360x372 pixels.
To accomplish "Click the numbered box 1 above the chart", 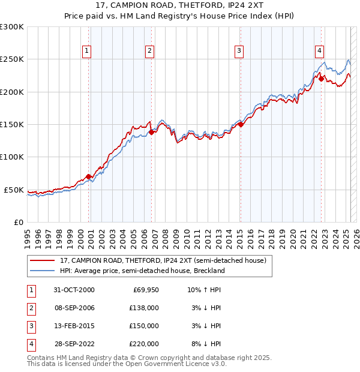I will (x=88, y=51).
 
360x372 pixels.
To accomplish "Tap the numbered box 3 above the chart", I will (x=239, y=51).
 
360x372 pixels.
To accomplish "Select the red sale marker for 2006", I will (x=151, y=132).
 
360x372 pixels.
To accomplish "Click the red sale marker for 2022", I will (x=321, y=79).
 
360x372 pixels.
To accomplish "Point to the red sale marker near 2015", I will (x=240, y=124).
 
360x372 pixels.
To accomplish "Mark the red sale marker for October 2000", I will (x=89, y=176).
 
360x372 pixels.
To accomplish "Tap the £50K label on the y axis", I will (x=14, y=190).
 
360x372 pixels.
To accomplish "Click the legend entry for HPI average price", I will (x=142, y=271).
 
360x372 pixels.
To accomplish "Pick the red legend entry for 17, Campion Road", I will (x=163, y=260).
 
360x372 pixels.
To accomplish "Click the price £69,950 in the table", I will (x=144, y=290).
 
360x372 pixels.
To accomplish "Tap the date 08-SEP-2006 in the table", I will (x=74, y=308).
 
